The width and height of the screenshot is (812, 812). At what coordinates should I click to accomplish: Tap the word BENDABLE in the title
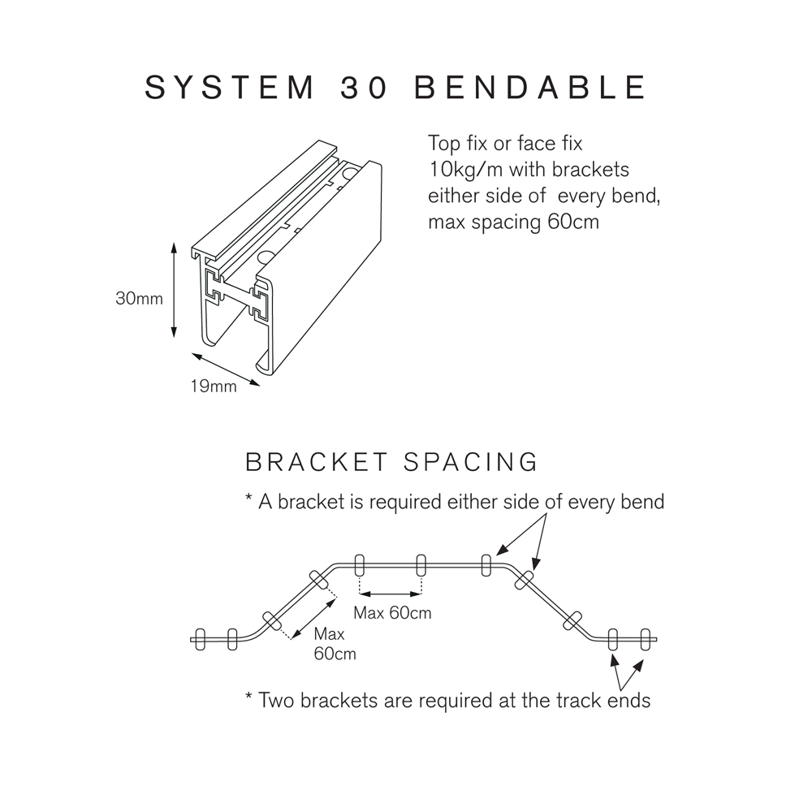click(x=530, y=88)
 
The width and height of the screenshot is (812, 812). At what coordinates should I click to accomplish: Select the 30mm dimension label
click(x=139, y=299)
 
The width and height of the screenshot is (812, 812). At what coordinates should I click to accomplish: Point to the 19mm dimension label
click(x=214, y=387)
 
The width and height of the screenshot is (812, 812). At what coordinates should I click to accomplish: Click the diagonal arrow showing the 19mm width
click(x=227, y=370)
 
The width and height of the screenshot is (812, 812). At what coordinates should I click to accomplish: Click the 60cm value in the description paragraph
click(x=573, y=222)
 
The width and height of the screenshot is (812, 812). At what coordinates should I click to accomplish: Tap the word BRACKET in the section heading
click(x=317, y=462)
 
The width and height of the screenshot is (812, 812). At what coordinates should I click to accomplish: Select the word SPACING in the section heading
click(x=471, y=462)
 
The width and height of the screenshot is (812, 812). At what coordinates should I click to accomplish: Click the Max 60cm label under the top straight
click(x=392, y=613)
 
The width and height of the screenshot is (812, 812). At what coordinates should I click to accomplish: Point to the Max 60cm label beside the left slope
click(x=334, y=643)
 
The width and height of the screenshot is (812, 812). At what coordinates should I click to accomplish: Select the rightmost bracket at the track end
click(x=646, y=639)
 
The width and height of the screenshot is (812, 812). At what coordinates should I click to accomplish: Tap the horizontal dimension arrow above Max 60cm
click(x=391, y=590)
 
